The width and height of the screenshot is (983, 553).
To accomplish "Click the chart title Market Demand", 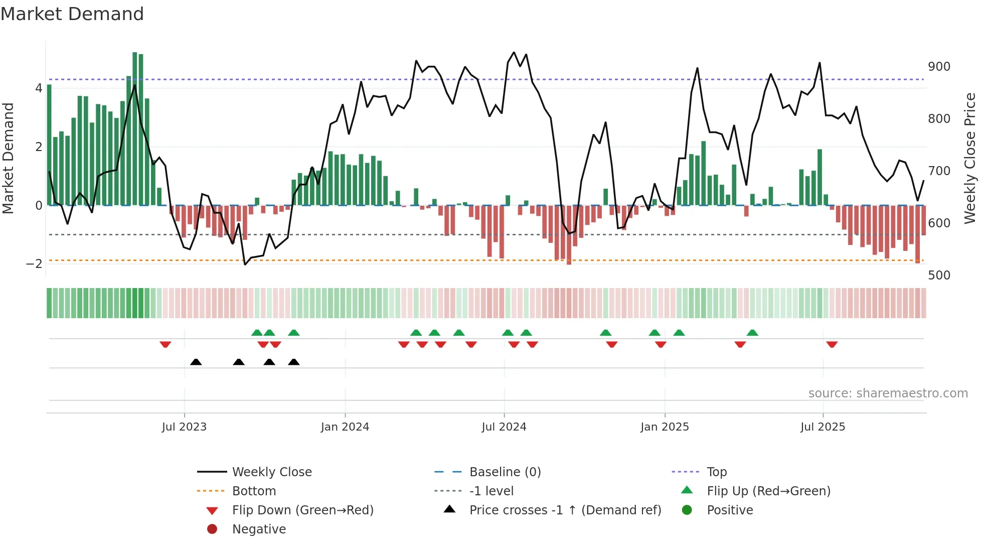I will coord(72,14).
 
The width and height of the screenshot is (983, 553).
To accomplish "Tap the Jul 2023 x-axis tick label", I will coord(184,427).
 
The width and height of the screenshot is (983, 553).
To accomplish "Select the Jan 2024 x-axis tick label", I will coord(345,427).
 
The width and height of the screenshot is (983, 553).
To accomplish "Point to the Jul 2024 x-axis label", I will coord(504,427).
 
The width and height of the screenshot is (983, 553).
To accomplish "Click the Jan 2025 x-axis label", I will coord(665,427).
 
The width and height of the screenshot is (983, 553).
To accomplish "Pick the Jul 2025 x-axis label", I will coord(823,427).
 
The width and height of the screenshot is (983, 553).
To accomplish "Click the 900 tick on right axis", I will coord(939,67).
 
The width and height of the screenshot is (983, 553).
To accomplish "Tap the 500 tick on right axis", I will coord(939,275).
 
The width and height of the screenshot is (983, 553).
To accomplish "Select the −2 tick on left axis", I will coord(34,264).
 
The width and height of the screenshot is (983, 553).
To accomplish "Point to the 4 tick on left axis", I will coord(39,88).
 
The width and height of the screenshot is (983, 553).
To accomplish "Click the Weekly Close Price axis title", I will coord(970,158).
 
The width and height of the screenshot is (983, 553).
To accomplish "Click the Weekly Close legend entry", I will coord(271,472).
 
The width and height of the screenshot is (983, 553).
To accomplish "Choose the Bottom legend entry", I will coord(254,491).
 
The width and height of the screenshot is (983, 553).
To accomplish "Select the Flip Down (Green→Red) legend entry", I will coord(302,510).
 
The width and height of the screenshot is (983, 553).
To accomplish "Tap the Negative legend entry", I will coord(259,529).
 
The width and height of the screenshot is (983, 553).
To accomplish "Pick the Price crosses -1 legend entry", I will coord(565,510).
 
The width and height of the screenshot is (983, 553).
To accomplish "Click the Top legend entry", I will coord(717,472).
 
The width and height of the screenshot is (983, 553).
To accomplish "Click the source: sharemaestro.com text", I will coord(888,393).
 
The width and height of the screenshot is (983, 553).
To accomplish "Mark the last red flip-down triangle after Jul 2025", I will coord(832,344).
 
